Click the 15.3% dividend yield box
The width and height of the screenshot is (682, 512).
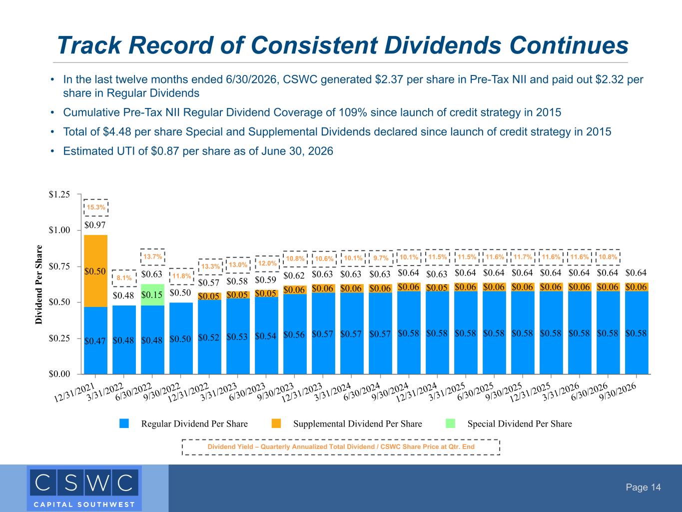coord(96,207)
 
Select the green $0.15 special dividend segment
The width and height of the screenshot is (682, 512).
coord(152,294)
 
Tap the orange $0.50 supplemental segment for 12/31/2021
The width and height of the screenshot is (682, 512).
coord(96,271)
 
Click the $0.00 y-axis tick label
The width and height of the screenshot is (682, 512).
coord(59,373)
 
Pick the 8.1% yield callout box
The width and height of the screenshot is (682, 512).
coord(124,278)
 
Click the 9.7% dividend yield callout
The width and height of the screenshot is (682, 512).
coord(381,258)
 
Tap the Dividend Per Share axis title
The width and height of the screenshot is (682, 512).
coord(39,284)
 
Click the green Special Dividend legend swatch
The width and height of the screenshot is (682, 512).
coord(450,423)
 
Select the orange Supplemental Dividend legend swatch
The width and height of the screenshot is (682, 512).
coord(276,423)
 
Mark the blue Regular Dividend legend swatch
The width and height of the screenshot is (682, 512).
coord(124,423)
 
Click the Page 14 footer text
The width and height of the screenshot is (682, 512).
coord(643,487)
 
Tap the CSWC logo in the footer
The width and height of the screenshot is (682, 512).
coord(84,488)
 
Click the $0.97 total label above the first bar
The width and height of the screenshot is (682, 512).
coord(95,225)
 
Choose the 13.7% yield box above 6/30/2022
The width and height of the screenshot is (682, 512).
coord(152,257)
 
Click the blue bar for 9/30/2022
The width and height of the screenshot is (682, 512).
coord(181,338)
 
